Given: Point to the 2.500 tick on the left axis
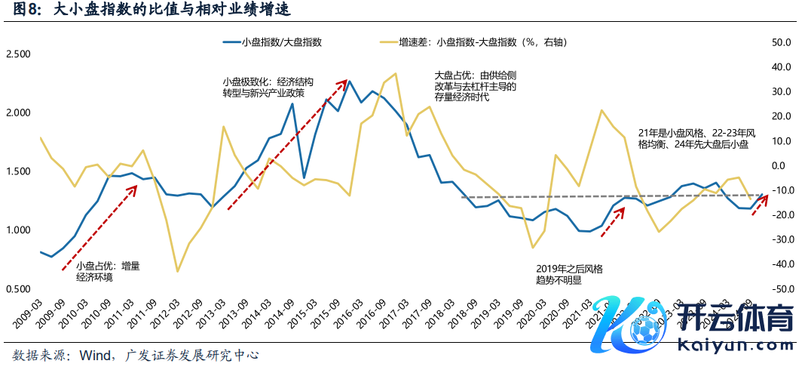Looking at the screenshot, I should [x=18, y=54].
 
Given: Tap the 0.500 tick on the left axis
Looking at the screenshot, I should [x=18, y=289].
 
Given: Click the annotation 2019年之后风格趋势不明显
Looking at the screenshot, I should [x=569, y=273].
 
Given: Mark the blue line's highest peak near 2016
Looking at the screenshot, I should [x=349, y=81].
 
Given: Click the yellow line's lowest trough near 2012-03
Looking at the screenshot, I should [x=178, y=271].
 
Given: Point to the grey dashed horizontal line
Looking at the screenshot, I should [x=603, y=196].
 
